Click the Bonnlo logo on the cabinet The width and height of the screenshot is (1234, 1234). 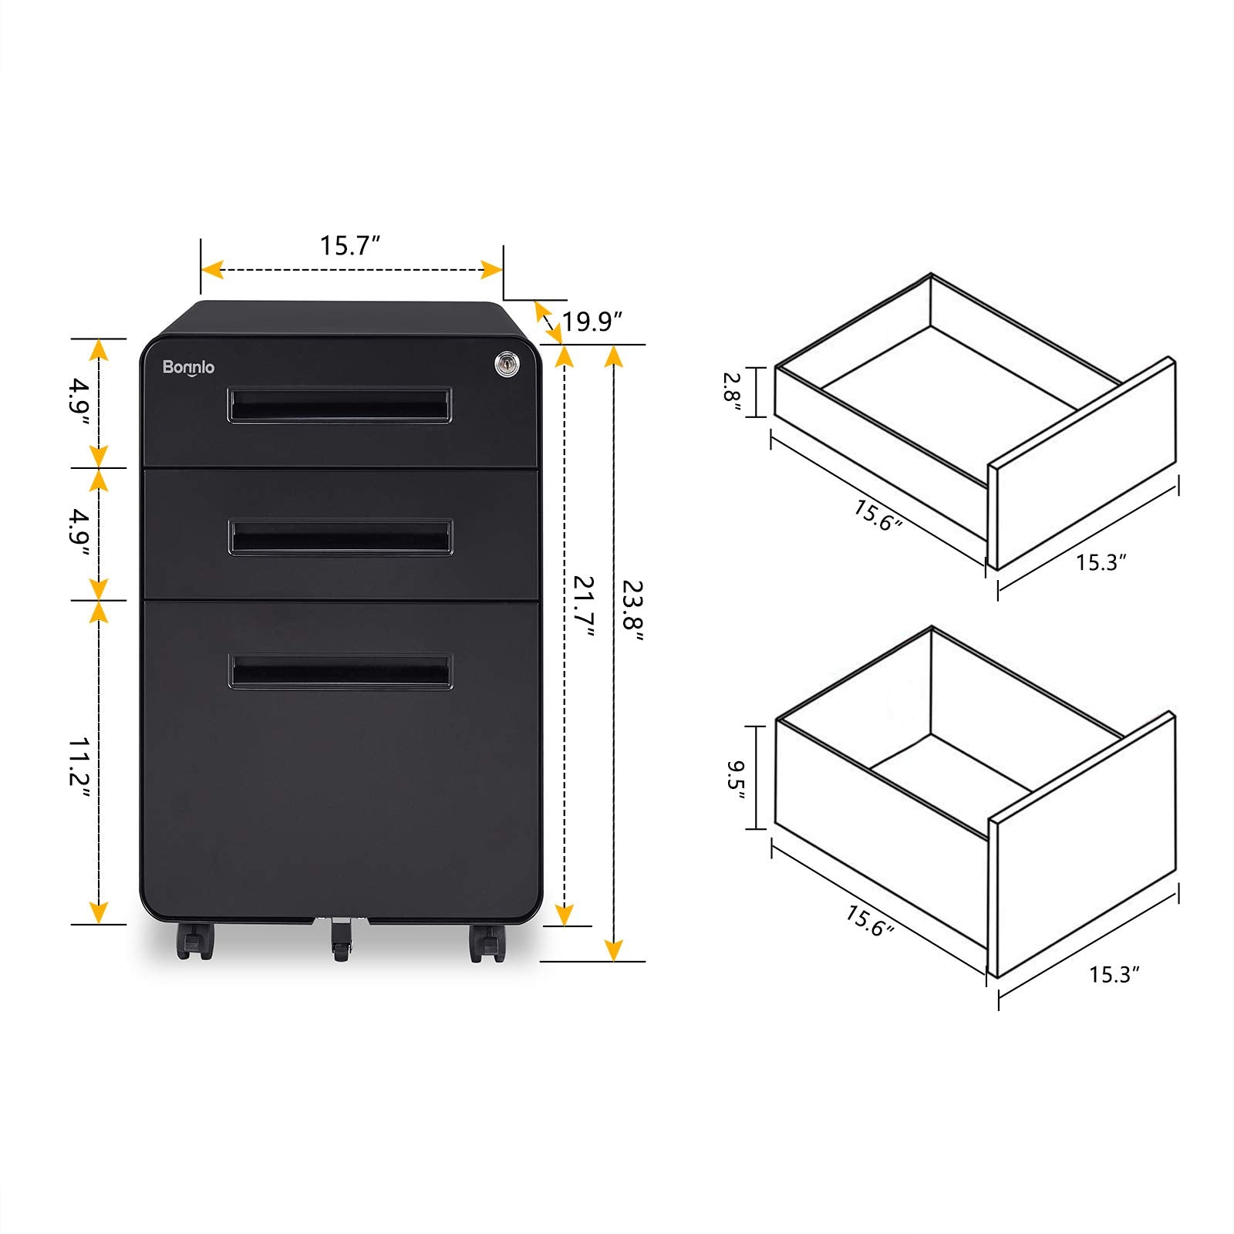click(188, 367)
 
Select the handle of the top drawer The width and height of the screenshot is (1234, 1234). click(339, 405)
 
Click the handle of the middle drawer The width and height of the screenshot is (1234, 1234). click(340, 537)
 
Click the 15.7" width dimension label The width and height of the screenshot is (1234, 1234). click(350, 246)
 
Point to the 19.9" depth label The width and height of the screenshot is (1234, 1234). click(592, 322)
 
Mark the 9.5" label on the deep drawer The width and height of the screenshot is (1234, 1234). click(735, 779)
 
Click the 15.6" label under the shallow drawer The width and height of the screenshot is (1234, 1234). click(877, 516)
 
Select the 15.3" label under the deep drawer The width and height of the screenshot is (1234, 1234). click(1114, 975)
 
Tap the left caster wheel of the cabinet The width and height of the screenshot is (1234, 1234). click(194, 942)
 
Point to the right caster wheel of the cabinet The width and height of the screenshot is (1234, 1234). click(486, 942)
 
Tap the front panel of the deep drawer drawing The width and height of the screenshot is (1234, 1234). click(1084, 845)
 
